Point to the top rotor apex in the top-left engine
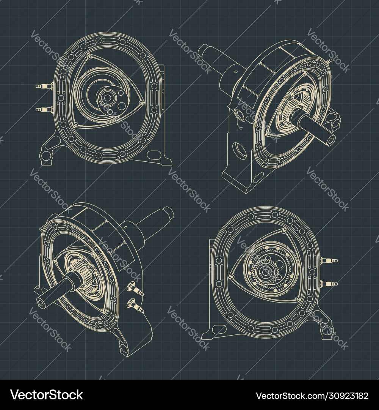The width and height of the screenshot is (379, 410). (x=89, y=57)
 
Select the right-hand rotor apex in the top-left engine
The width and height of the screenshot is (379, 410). (x=141, y=102)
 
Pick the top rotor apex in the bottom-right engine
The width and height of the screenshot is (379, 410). (x=284, y=230)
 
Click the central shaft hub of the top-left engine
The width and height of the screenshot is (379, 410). (x=108, y=98)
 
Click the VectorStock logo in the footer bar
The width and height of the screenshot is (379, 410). (x=46, y=395)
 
